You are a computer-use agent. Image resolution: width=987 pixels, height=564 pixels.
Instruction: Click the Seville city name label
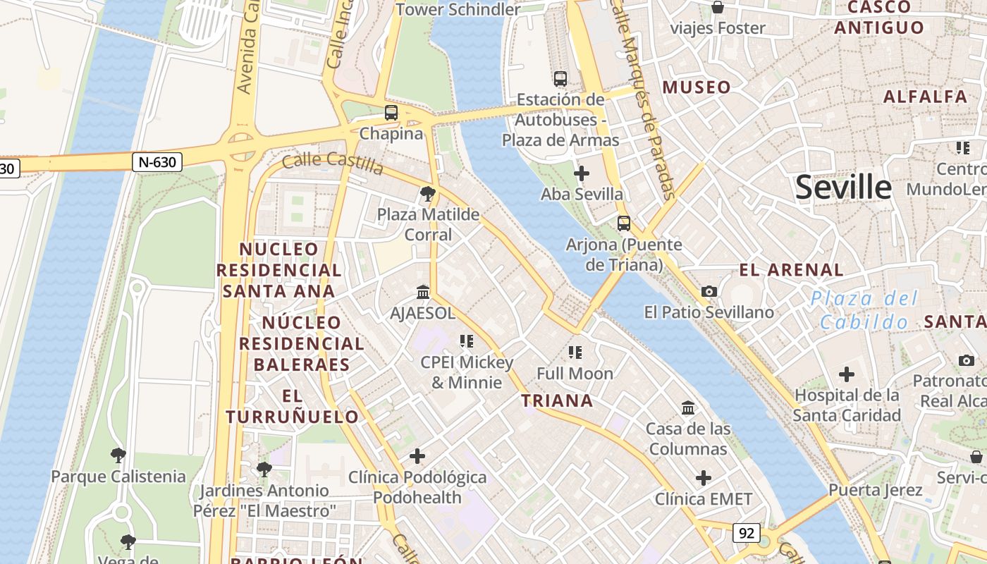tap(843, 188)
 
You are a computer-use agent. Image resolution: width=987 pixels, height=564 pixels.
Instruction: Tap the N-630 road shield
tap(157, 162)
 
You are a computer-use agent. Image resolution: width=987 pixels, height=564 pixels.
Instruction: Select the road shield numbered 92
tap(746, 532)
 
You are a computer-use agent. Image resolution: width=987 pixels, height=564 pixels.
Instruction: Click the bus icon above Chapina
tap(391, 112)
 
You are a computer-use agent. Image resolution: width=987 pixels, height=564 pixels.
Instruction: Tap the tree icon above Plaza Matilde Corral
tap(427, 194)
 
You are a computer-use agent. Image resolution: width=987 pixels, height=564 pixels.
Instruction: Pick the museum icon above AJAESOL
tap(423, 292)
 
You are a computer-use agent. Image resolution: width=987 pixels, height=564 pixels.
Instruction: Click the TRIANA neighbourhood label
tap(557, 401)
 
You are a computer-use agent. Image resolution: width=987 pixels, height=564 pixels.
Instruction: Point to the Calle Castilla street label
tap(333, 163)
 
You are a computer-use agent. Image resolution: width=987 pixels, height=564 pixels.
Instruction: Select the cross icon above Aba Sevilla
tap(582, 173)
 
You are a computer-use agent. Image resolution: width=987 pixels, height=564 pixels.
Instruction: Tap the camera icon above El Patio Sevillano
tap(709, 291)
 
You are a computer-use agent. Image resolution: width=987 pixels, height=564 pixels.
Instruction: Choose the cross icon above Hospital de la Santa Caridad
tap(846, 374)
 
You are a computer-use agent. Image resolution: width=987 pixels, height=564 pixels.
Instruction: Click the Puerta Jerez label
tap(875, 490)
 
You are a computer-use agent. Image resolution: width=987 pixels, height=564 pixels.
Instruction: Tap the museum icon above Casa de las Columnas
tap(687, 407)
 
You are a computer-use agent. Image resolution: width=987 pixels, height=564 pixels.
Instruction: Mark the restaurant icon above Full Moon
tap(575, 352)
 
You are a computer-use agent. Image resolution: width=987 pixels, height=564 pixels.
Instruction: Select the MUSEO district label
tap(697, 87)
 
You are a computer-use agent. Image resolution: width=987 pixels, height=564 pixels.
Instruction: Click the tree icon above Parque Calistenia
tap(118, 455)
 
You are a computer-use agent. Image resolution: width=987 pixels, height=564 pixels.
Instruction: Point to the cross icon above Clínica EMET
tap(703, 478)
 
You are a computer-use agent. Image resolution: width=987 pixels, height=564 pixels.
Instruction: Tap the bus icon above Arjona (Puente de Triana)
tap(623, 223)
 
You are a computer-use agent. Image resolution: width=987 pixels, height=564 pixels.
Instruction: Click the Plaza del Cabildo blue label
tap(864, 310)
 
